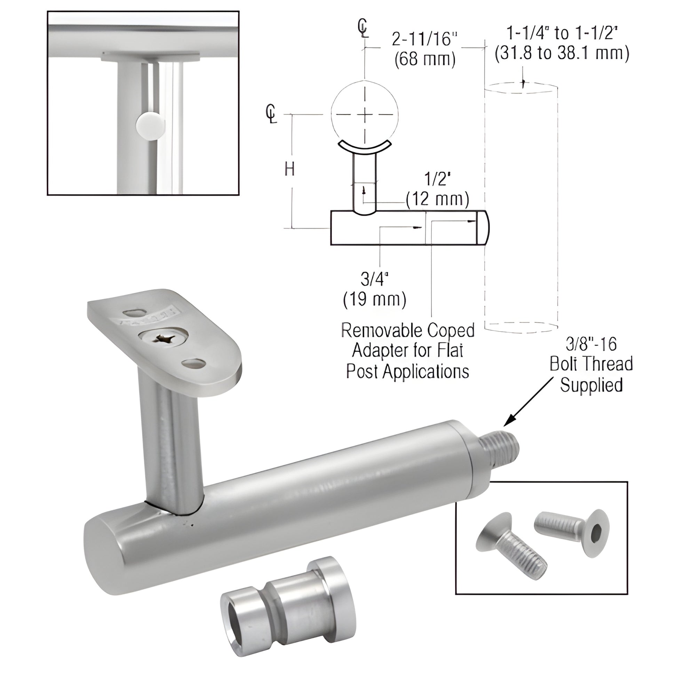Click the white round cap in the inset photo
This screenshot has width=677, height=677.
pyautogui.click(x=150, y=126)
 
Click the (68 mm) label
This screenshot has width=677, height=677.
pyautogui.click(x=425, y=59)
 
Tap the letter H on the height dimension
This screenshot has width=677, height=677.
pyautogui.click(x=289, y=170)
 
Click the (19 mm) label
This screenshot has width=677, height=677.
pyautogui.click(x=375, y=299)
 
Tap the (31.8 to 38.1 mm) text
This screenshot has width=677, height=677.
pyautogui.click(x=562, y=53)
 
